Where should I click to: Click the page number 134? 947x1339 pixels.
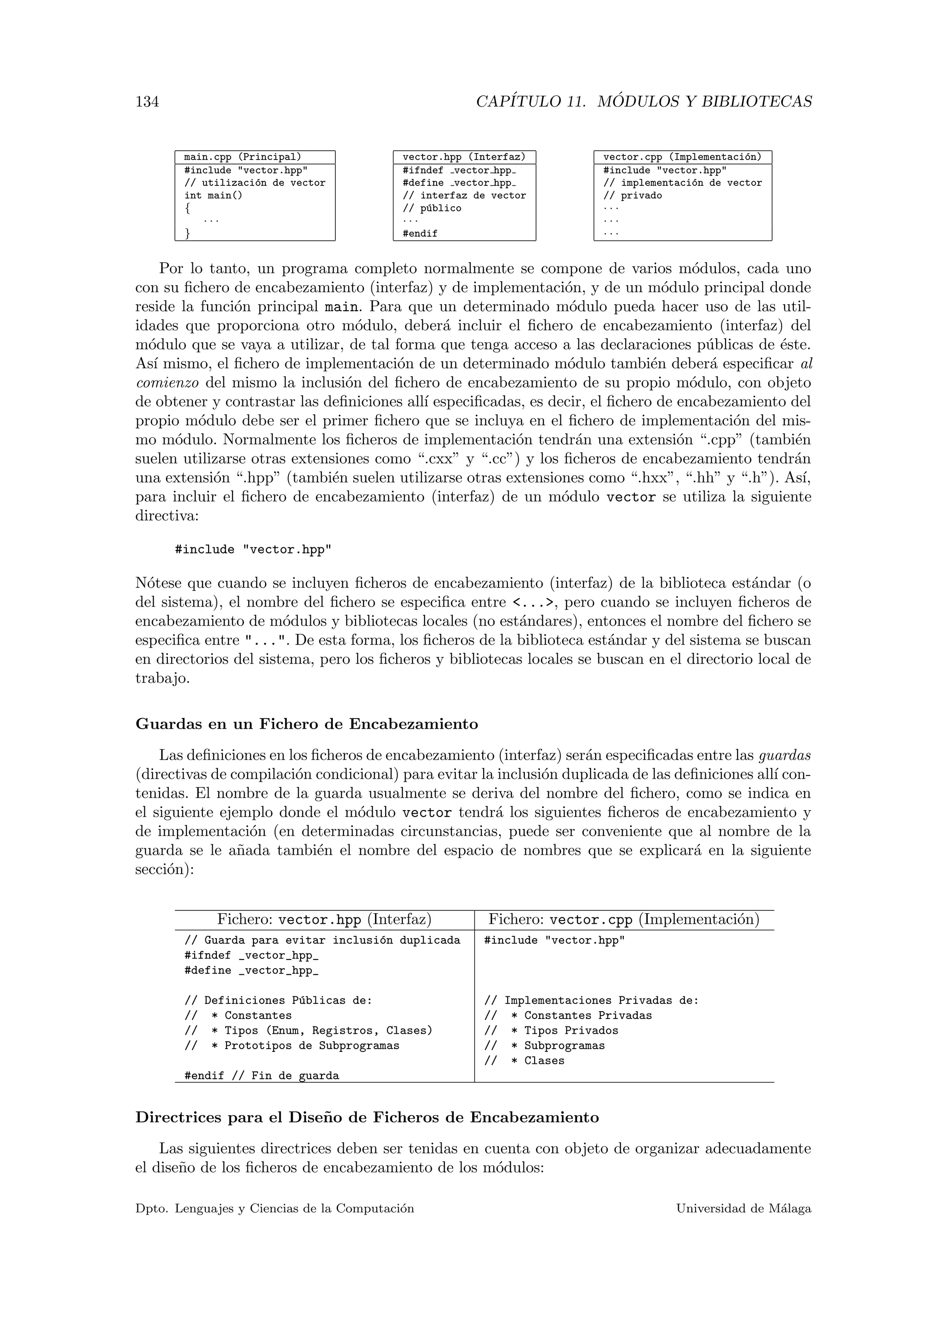[x=147, y=102]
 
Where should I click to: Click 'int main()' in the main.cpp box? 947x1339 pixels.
[x=214, y=196]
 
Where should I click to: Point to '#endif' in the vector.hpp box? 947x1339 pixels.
[x=420, y=234]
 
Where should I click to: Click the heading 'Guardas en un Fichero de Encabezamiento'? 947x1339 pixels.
[x=307, y=725]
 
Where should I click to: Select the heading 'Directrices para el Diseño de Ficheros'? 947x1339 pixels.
[x=367, y=1118]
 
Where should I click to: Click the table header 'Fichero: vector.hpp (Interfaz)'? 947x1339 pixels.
[x=324, y=920]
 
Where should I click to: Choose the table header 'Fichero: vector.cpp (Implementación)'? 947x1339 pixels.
[x=624, y=920]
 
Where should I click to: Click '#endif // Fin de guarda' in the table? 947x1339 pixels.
[x=262, y=1076]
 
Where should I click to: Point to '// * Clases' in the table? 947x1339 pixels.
[x=524, y=1061]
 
